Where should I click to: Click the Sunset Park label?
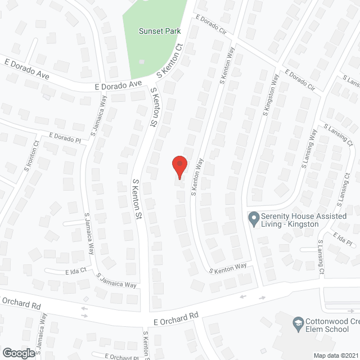tap(160, 31)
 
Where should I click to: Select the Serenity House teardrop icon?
tap(253, 217)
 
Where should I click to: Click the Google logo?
tap(18, 353)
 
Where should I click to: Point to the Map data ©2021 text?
tap(336, 355)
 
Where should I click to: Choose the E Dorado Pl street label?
tap(65, 136)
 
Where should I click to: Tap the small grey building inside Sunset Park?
tap(142, 61)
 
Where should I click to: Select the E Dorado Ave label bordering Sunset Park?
tap(118, 85)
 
